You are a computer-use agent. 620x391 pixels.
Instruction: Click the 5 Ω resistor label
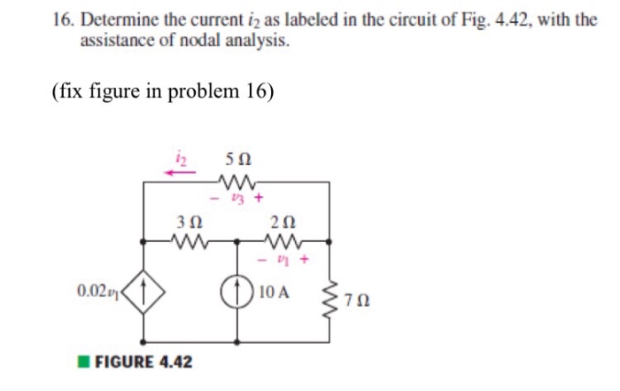[x=238, y=160]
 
